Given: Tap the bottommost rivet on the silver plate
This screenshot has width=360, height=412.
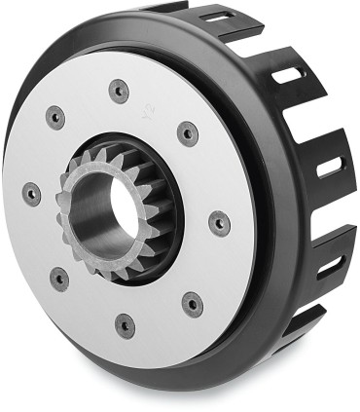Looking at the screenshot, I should point(125,323).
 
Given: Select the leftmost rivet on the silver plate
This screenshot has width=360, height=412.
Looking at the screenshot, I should point(31,191).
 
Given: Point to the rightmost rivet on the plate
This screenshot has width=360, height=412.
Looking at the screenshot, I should point(220,222).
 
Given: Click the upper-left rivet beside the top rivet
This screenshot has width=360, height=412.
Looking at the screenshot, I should point(55,118).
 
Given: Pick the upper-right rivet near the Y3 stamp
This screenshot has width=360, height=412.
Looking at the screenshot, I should point(187,131).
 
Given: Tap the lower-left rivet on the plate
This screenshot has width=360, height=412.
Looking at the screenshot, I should point(59,279).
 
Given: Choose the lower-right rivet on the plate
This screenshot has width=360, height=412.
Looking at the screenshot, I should point(193,303).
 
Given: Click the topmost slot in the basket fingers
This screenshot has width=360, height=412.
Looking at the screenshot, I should point(215,17).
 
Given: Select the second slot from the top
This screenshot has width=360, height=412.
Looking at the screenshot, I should point(289,73).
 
